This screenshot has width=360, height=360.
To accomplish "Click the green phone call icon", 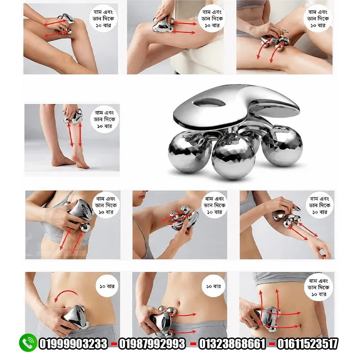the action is (28, 342).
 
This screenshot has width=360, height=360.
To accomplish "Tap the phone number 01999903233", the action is (73, 344).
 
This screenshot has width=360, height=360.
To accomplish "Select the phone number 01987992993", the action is (152, 344).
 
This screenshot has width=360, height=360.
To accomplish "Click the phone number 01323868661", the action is (232, 344).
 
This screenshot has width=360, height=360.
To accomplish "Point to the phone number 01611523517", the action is (308, 344).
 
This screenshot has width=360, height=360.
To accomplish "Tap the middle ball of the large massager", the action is (234, 157).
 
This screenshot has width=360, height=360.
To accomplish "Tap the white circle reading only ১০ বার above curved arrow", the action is (107, 286).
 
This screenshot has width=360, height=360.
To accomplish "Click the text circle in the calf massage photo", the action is (104, 119).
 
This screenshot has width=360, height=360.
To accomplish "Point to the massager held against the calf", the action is (73, 117).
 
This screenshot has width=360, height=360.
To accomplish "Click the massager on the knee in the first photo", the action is (65, 23).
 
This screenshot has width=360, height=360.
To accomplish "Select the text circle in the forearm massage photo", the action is (319, 205).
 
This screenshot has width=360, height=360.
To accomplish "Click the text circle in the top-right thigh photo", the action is (318, 18).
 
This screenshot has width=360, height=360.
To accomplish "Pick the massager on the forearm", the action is (286, 218).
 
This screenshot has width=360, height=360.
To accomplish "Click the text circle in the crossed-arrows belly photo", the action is (318, 287).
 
